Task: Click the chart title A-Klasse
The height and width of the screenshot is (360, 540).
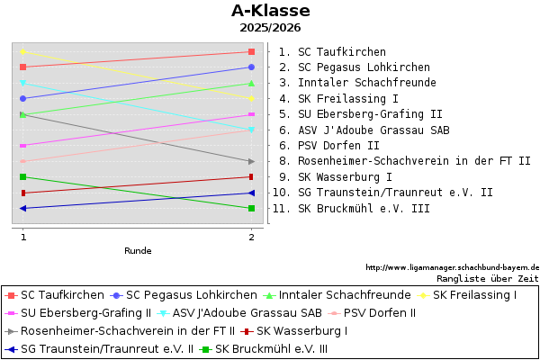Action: click(x=270, y=12)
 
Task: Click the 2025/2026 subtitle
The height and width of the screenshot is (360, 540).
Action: click(x=270, y=28)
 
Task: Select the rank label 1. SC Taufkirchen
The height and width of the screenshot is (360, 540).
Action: click(x=332, y=52)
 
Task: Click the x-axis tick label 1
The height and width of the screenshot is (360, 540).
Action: click(x=23, y=237)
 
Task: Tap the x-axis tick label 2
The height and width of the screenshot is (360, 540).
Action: click(x=251, y=237)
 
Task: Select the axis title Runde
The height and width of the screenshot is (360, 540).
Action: click(x=138, y=251)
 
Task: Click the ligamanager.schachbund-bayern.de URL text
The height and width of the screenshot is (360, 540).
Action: click(x=452, y=267)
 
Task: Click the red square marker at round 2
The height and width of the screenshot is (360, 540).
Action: click(x=251, y=51)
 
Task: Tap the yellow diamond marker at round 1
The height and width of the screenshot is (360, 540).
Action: click(x=23, y=51)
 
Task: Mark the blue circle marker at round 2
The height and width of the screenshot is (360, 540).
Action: click(x=251, y=67)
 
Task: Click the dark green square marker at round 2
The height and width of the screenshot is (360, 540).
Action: click(x=251, y=209)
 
